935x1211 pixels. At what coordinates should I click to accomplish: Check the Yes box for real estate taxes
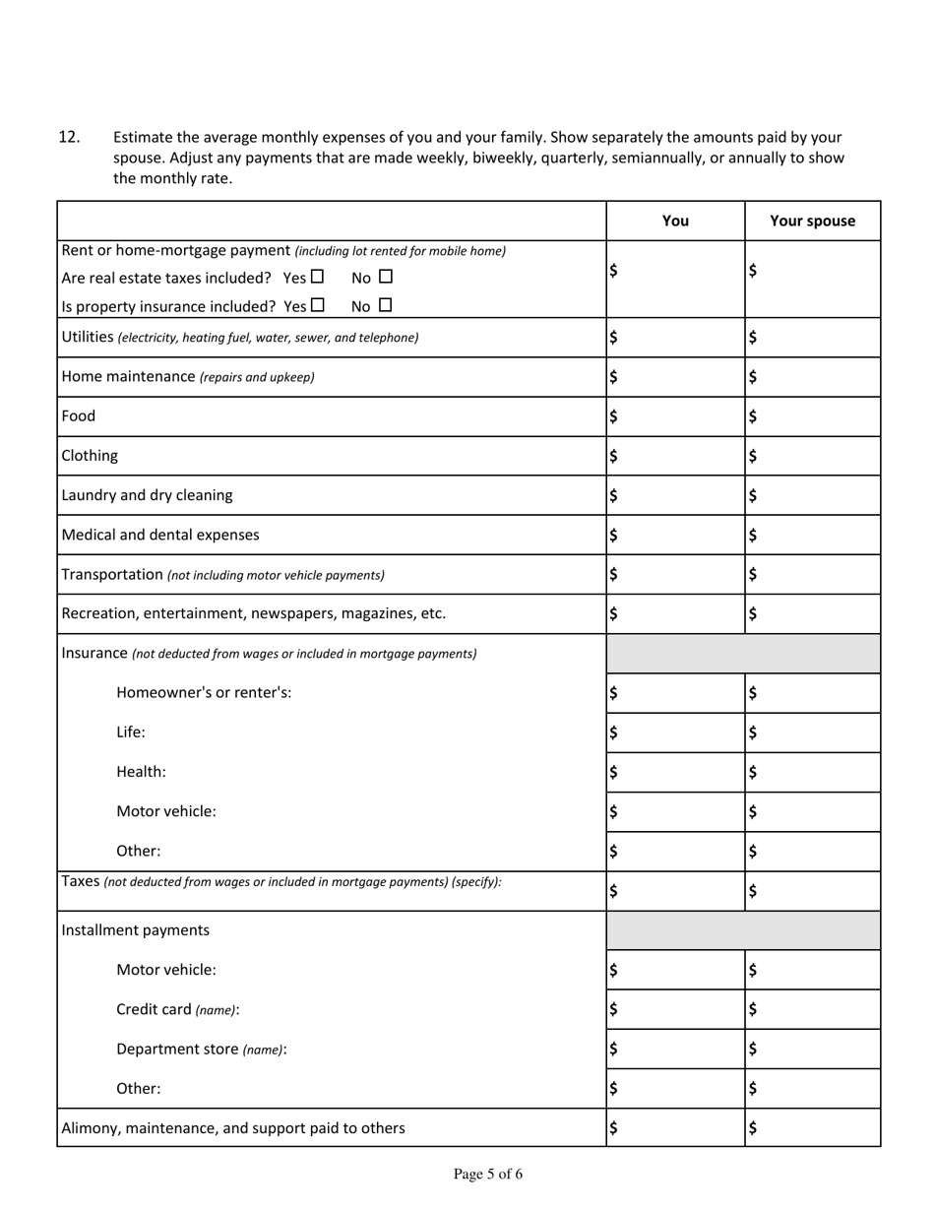tap(317, 278)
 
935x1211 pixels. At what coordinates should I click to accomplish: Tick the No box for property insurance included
tap(385, 305)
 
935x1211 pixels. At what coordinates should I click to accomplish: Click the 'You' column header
tap(675, 221)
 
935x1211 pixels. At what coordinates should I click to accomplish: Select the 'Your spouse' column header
tap(812, 221)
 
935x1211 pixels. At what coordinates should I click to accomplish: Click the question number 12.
tap(69, 137)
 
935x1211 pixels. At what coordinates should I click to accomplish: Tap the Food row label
tap(79, 415)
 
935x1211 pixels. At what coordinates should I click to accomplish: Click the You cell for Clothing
tap(675, 456)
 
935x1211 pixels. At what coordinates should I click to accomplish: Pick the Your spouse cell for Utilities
tap(812, 337)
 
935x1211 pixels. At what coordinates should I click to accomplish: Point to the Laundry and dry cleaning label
tap(147, 494)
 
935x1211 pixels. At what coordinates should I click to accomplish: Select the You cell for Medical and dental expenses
tap(675, 535)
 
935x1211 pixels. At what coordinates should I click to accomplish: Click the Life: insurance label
tap(131, 732)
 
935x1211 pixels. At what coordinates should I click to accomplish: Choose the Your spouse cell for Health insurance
tap(812, 772)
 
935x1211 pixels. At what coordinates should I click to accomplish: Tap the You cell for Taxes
tap(675, 891)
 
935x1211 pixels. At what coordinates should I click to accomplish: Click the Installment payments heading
tap(135, 929)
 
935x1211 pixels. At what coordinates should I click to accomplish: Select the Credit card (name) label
tap(177, 1009)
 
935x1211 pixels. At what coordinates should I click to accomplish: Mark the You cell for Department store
tap(675, 1049)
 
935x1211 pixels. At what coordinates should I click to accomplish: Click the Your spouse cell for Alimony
tap(812, 1127)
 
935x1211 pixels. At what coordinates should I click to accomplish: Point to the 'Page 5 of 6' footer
tap(487, 1174)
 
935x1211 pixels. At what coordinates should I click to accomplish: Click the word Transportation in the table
tap(111, 574)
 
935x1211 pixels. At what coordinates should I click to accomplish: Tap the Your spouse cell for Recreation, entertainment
tap(812, 613)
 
